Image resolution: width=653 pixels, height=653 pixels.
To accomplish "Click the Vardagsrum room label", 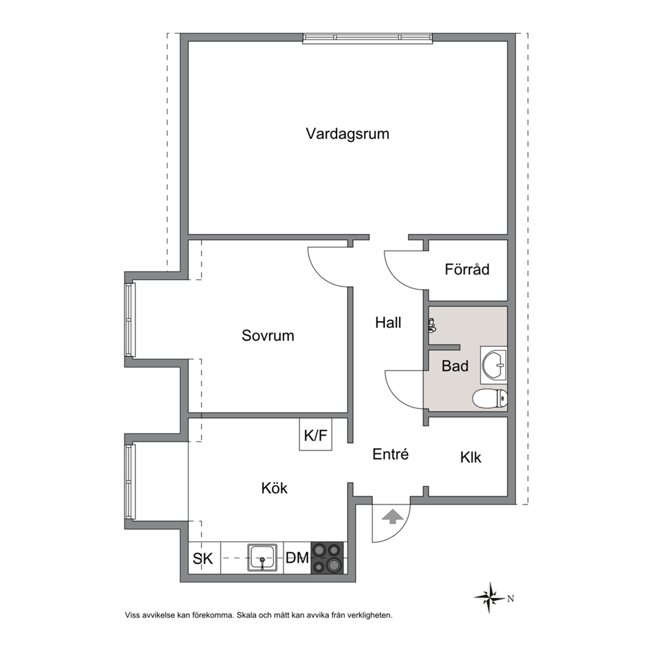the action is pos(348,134).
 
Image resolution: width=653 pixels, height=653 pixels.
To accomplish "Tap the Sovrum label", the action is pos(268,336).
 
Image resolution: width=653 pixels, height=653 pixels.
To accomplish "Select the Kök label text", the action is pos(274,488).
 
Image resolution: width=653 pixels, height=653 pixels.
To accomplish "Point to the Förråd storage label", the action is pos(467,269).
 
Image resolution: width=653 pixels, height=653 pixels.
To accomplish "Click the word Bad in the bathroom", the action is pos(455,366).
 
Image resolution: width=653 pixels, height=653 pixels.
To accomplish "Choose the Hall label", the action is pos(388,323).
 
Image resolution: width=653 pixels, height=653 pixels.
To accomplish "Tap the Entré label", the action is pos(390,454).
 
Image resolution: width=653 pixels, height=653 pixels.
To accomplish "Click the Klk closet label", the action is pos(471,457).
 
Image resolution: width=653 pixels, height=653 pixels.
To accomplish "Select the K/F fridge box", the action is pos(316,434).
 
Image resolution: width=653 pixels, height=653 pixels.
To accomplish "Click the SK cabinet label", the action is pos(203,558).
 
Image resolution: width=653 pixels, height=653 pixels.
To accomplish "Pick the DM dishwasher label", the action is pos(298,558).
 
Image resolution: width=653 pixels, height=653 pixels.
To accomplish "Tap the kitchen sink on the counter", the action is pos(263,557).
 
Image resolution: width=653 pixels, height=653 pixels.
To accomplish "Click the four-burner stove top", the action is pos(327,558).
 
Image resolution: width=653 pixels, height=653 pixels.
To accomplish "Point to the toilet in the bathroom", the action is pos(490,398).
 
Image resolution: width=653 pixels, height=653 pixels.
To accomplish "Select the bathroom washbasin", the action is pos(494,365).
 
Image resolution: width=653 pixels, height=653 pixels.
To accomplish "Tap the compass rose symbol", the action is pos(490,598).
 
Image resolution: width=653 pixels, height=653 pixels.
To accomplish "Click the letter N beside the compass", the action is pos(511,598).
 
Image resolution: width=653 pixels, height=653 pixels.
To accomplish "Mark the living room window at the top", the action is pos(367,38).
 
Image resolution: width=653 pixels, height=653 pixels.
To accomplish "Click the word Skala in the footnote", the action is pos(246,615).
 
